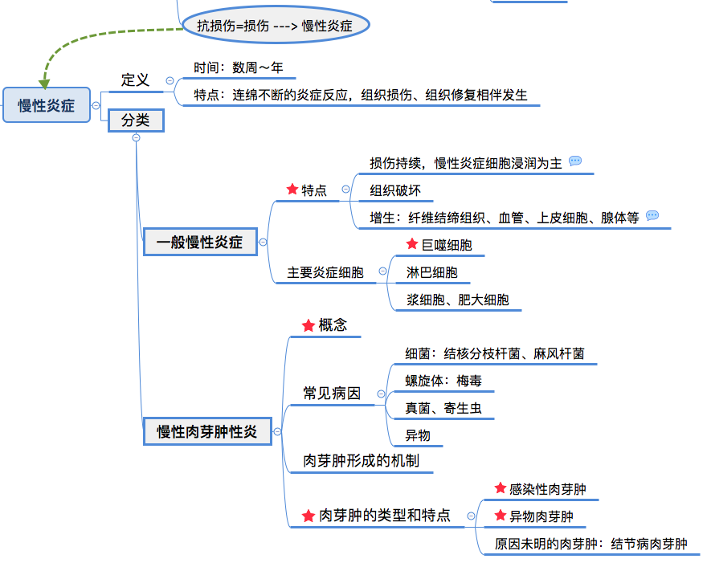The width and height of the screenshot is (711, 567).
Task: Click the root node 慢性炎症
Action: click(47, 105)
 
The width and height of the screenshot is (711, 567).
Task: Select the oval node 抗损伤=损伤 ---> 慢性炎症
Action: click(275, 26)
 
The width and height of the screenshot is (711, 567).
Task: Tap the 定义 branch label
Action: click(135, 80)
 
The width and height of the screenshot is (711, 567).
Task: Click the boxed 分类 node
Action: click(136, 120)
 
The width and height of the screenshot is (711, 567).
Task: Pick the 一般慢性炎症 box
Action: click(199, 242)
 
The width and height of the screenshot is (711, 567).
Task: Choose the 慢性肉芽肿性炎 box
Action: click(207, 431)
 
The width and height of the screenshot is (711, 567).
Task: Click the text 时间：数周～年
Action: click(239, 68)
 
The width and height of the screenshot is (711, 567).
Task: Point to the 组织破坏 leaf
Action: click(395, 190)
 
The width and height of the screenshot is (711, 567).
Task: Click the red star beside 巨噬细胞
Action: click(412, 244)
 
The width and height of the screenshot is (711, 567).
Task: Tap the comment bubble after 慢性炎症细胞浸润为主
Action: click(575, 161)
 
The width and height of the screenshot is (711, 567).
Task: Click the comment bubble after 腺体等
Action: click(652, 216)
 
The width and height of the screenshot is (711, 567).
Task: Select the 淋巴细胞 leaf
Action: click(432, 272)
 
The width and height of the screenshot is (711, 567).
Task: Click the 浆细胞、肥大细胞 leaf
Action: click(458, 300)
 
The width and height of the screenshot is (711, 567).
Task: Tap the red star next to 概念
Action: click(309, 325)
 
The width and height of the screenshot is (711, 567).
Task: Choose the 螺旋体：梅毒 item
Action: click(443, 381)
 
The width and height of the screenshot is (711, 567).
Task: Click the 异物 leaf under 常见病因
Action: click(419, 435)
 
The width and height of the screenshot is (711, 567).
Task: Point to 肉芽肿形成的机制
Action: click(361, 461)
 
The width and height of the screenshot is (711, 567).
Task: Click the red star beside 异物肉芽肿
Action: click(501, 515)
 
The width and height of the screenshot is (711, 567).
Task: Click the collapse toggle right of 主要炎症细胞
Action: click(382, 271)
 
